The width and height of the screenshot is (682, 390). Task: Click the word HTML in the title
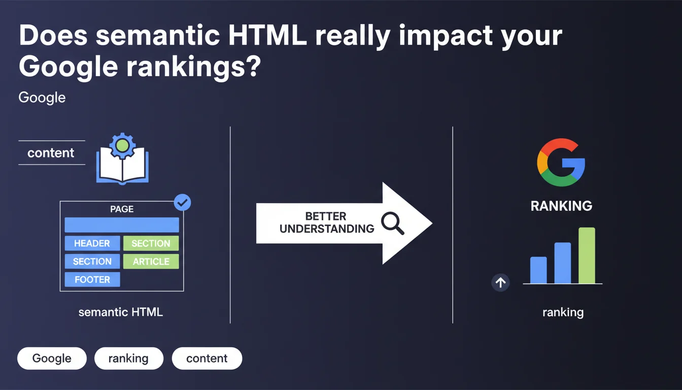tap(267, 36)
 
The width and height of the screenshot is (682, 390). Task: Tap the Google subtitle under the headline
tap(42, 98)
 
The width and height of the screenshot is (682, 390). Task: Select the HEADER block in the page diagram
tap(92, 243)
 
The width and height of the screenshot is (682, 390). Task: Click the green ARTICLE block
tap(151, 262)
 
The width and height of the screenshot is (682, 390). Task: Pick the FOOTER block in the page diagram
tap(92, 279)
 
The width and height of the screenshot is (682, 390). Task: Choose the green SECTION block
tap(151, 243)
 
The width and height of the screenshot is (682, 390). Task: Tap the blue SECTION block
tap(92, 262)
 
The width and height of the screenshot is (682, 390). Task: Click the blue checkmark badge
tap(182, 203)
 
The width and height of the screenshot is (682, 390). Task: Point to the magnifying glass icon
tap(392, 223)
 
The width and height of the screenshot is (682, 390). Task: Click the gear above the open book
tap(122, 146)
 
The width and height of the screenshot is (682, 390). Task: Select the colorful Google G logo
tap(561, 162)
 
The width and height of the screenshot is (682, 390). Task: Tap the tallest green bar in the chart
tap(587, 255)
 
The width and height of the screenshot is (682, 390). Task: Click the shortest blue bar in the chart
tap(538, 270)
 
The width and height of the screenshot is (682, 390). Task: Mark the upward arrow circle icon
tap(500, 283)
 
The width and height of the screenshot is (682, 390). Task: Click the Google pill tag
tap(52, 359)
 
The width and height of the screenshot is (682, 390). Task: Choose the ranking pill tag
tap(129, 359)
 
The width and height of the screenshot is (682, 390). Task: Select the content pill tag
tap(207, 359)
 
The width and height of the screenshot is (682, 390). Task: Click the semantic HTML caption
tap(121, 312)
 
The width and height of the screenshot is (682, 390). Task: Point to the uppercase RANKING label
tap(561, 206)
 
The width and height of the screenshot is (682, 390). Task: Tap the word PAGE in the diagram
tap(122, 209)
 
